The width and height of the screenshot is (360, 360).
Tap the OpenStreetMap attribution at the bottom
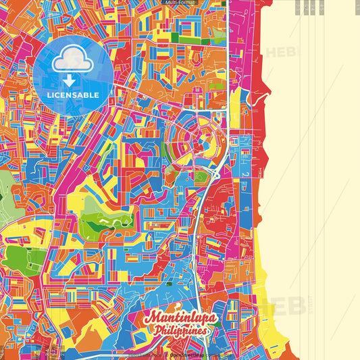(x=196, y=355)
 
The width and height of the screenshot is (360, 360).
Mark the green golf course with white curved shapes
(x=101, y=224)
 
